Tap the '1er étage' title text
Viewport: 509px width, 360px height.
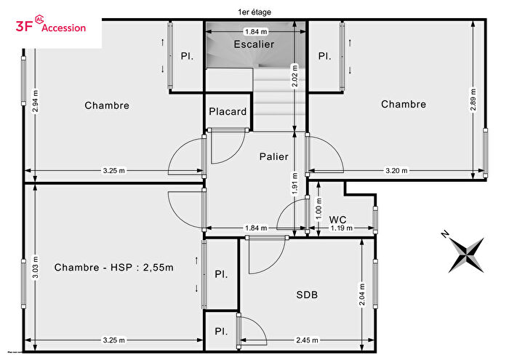[254, 11]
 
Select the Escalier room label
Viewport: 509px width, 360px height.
[254, 44]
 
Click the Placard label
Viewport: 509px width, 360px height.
[228, 112]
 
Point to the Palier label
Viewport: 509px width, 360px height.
[273, 156]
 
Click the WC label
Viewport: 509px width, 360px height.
[337, 219]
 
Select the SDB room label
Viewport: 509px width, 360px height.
[306, 295]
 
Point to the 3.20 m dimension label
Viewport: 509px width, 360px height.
[396, 171]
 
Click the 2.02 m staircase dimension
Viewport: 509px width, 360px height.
[294, 76]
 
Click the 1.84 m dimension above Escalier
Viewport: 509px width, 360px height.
[255, 32]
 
